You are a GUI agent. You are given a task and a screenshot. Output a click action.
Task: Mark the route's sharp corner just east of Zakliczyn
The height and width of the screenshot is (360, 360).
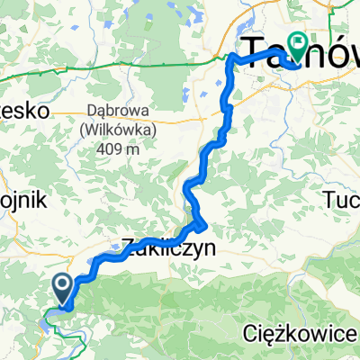(205, 224)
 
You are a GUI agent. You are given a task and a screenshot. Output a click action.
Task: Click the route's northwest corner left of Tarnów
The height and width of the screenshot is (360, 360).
(230, 58)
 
